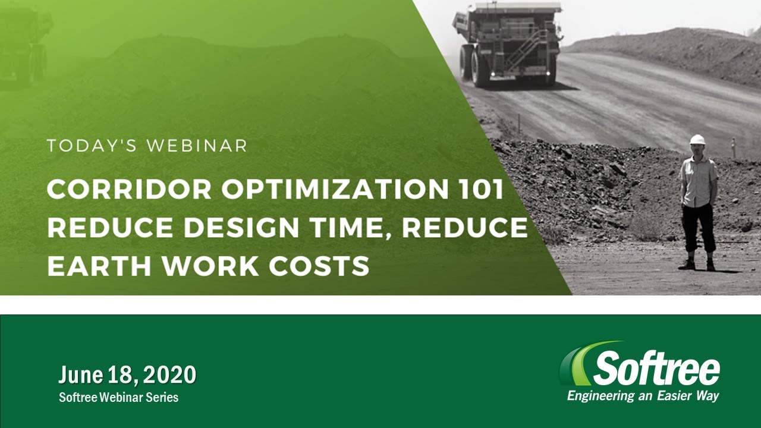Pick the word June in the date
pyautogui.click(x=81, y=374)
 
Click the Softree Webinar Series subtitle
pyautogui.click(x=118, y=397)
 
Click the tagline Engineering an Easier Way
pyautogui.click(x=643, y=396)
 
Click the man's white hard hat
pyautogui.click(x=697, y=140)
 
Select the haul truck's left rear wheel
pyautogui.click(x=480, y=68)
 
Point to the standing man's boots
pyautogui.click(x=698, y=265)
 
